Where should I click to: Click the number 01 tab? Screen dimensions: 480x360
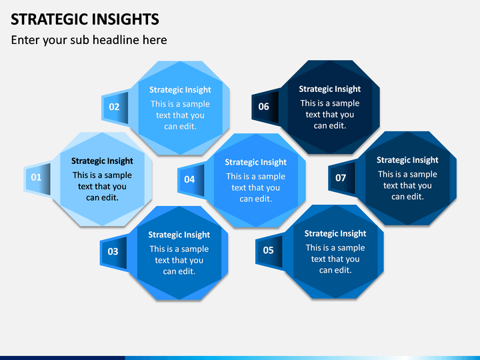tap(37, 178)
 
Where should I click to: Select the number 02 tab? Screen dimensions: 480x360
tap(115, 107)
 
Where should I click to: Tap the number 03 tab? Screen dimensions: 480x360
tap(113, 251)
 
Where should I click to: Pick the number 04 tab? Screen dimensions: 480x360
tap(191, 179)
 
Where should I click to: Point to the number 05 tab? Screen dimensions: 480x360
tap(269, 251)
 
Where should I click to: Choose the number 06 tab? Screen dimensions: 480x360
tap(265, 107)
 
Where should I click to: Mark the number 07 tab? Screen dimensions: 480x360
tap(342, 178)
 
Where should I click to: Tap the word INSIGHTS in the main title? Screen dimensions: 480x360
tap(125, 19)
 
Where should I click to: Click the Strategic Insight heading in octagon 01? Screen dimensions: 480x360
tap(102, 161)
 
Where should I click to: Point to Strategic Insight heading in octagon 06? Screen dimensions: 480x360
tap(330, 89)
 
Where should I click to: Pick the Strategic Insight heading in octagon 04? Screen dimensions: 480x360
tap(255, 162)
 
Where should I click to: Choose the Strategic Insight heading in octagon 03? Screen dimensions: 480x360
tap(179, 235)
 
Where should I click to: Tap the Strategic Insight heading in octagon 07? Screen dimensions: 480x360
tap(407, 160)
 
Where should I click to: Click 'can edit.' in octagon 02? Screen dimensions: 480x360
tap(180, 127)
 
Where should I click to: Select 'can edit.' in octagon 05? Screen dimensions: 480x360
tap(335, 270)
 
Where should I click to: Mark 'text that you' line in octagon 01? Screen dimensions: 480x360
tap(102, 187)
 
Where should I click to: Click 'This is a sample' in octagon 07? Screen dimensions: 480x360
tap(407, 174)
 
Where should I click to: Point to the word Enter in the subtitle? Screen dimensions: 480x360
tap(25, 40)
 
